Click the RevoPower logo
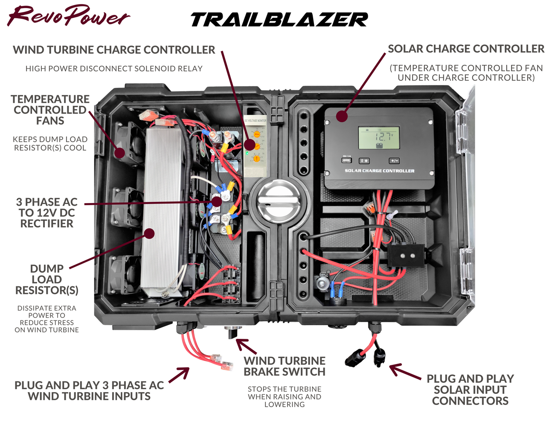(x=68, y=16)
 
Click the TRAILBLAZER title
(x=279, y=20)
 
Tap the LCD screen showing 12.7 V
(x=379, y=137)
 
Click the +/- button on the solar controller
(x=394, y=161)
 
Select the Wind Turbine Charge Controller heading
(x=114, y=50)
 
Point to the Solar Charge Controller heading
(x=466, y=49)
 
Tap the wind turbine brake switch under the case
(x=231, y=332)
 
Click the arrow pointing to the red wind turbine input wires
(x=180, y=374)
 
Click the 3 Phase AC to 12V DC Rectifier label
(x=47, y=213)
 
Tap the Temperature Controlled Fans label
(x=50, y=110)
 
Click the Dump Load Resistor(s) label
(x=47, y=280)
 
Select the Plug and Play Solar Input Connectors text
(x=470, y=390)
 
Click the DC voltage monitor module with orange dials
(x=255, y=145)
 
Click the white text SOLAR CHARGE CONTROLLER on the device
(x=379, y=171)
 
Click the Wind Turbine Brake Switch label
(x=285, y=366)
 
